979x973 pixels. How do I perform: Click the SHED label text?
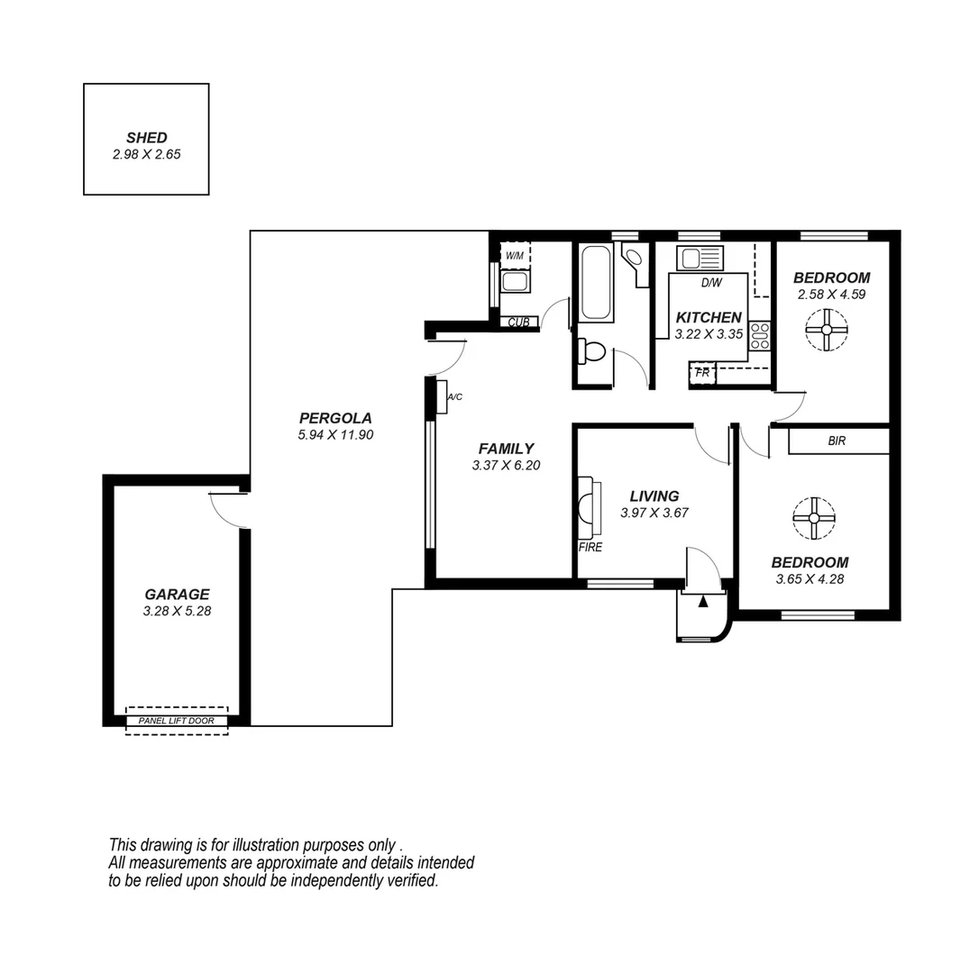[x=146, y=138]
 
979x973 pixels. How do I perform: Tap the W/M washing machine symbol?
[x=515, y=256]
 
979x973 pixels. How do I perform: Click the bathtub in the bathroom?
[x=597, y=282]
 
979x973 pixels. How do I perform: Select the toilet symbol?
[x=591, y=351]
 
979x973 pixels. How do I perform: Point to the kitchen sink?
[x=701, y=259]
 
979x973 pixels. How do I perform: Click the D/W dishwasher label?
[x=711, y=283]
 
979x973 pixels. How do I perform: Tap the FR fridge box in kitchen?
[x=702, y=372]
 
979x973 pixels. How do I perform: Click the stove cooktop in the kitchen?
[x=759, y=335]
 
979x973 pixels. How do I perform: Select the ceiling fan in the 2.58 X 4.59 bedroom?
[x=826, y=331]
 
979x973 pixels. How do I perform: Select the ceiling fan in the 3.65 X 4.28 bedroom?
[x=813, y=518]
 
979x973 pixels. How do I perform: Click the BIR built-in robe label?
[x=837, y=441]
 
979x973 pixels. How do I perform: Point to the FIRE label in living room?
[x=590, y=547]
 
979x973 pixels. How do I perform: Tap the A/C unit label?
[x=455, y=396]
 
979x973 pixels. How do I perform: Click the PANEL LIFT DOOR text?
[x=177, y=721]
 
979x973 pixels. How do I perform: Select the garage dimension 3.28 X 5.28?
[x=177, y=611]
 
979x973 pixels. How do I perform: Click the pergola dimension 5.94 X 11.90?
[x=335, y=434]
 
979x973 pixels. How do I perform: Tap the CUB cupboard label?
[x=518, y=322]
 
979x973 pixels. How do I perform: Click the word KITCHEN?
[x=709, y=317]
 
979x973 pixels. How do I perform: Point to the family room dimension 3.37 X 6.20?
[x=506, y=466]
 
